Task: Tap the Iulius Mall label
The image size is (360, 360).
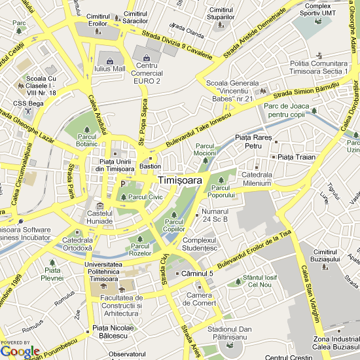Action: point(109,68)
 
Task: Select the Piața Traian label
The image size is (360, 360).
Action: point(297,157)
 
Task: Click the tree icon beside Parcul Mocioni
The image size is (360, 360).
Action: point(206,159)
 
